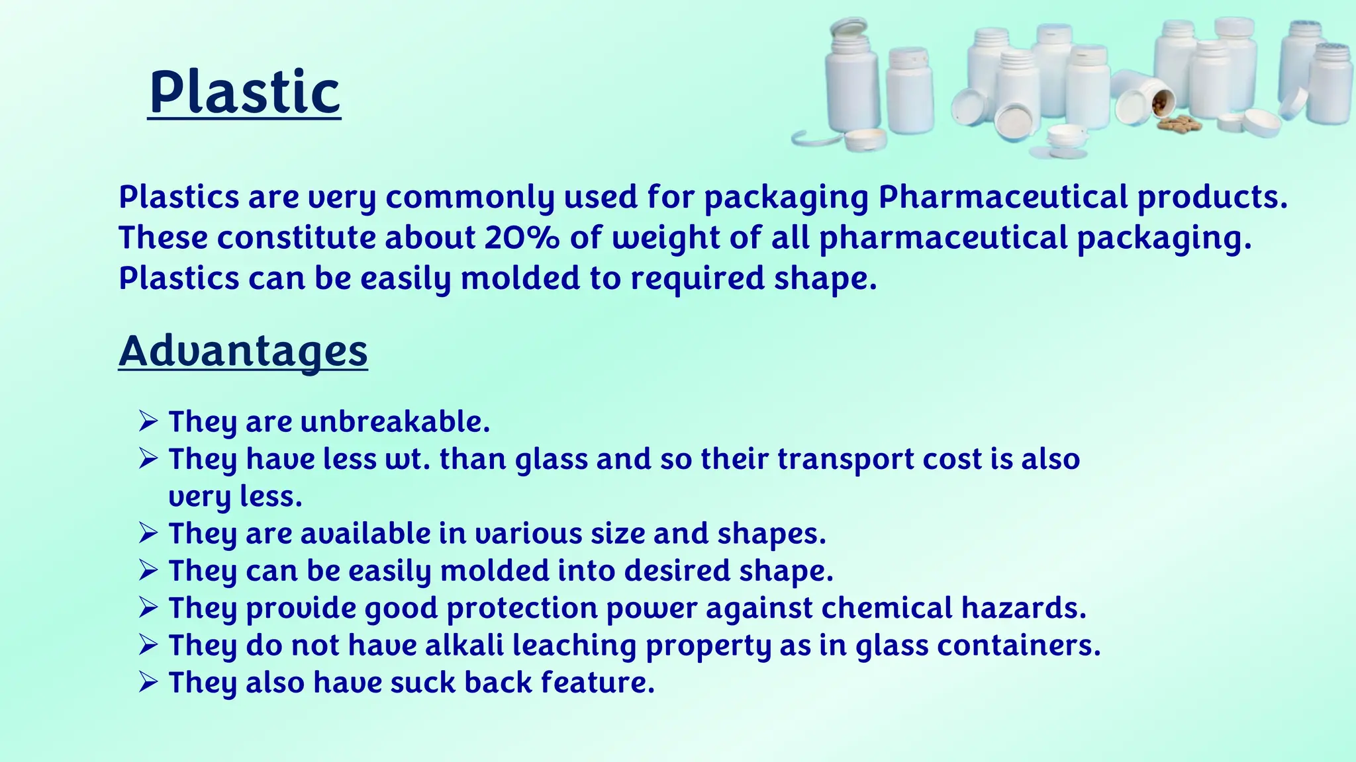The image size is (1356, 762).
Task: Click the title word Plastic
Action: tap(244, 93)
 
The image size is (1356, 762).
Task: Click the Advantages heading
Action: tap(243, 351)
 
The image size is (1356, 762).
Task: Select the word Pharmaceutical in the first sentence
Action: tap(1002, 197)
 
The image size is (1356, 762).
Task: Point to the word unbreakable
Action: tap(395, 422)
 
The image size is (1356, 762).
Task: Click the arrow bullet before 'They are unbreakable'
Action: tap(148, 421)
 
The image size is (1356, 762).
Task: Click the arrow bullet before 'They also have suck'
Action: tap(148, 682)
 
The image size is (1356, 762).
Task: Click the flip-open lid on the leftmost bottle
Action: tap(849, 30)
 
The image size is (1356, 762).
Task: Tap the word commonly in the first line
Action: tap(470, 198)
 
